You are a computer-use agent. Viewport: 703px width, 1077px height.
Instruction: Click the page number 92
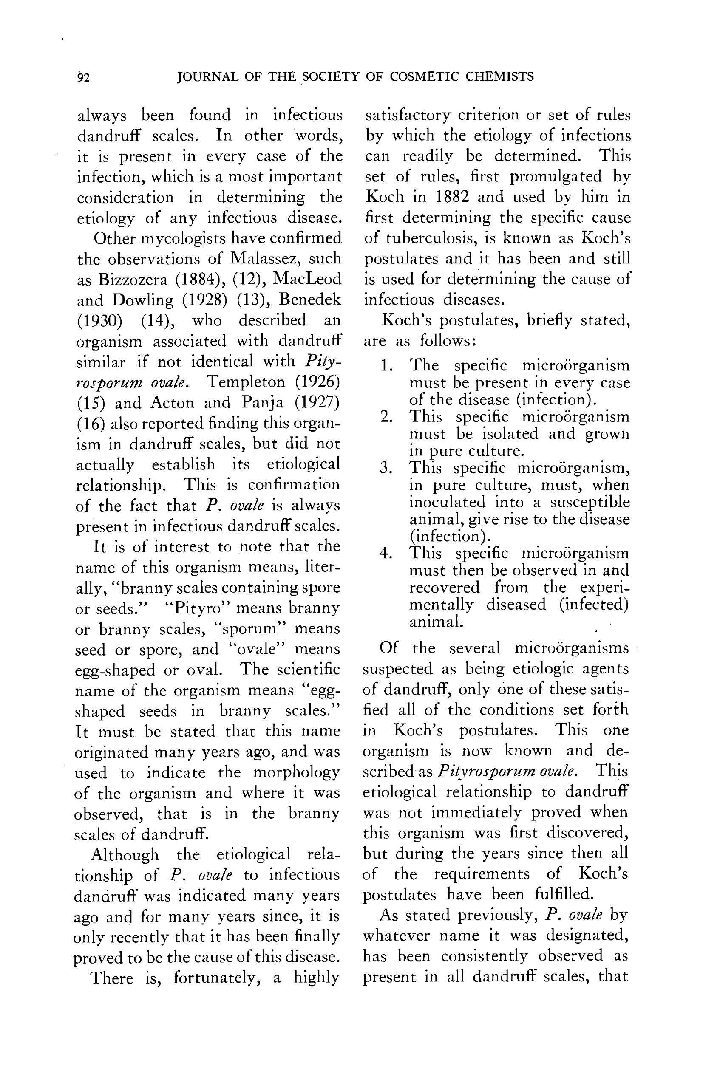(83, 78)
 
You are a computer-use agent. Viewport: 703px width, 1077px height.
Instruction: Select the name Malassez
(264, 258)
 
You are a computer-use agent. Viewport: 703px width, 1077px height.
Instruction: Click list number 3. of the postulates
(386, 468)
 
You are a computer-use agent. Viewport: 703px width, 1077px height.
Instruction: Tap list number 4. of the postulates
(386, 554)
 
